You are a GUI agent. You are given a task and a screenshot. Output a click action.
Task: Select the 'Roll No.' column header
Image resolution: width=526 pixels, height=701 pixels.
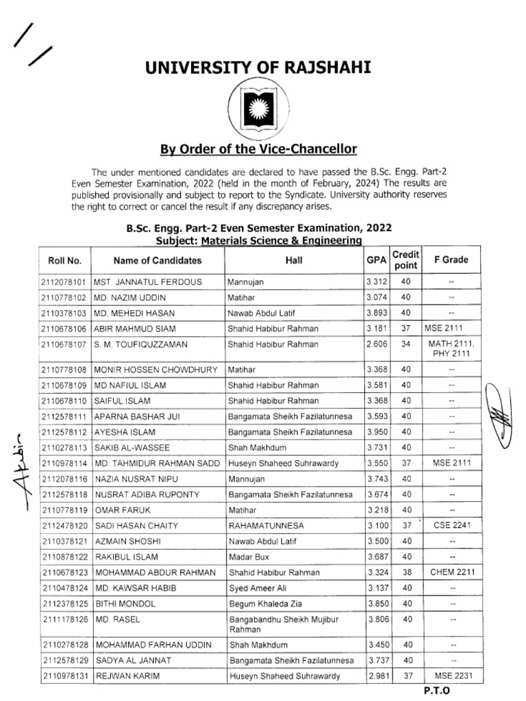click(65, 260)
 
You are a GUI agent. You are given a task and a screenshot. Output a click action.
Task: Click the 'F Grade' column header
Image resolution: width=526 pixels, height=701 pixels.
click(451, 260)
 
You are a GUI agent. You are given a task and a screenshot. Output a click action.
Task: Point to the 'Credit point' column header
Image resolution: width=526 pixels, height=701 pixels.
click(405, 260)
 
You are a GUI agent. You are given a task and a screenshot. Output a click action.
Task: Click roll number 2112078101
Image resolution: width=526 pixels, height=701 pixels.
click(64, 281)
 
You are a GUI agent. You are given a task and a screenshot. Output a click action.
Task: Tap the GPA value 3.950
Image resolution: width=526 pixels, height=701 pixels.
click(377, 432)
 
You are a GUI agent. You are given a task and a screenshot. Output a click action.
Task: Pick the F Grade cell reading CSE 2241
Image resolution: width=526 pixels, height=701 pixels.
click(451, 525)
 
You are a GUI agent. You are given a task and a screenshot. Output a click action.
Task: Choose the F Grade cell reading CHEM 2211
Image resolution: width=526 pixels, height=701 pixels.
click(451, 572)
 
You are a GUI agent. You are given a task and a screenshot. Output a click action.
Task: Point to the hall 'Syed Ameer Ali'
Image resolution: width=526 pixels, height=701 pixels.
click(255, 587)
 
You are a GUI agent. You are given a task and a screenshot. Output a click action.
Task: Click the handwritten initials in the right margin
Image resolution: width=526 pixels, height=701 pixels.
click(503, 415)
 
